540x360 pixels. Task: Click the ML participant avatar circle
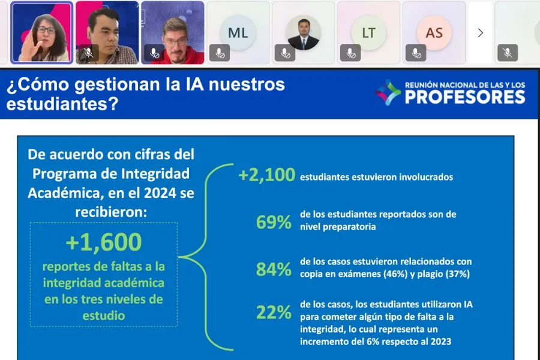click(x=238, y=33)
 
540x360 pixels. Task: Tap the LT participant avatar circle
click(x=368, y=33)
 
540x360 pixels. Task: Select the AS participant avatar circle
click(x=433, y=33)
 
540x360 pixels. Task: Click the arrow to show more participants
click(x=480, y=33)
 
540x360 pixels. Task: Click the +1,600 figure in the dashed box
click(x=104, y=242)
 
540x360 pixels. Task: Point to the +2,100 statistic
click(x=267, y=176)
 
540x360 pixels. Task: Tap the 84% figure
click(x=274, y=269)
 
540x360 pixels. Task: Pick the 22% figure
click(x=274, y=313)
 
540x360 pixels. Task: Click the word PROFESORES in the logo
click(x=465, y=97)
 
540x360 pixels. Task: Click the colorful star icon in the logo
click(x=388, y=92)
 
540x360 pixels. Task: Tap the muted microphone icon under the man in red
click(x=154, y=53)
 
